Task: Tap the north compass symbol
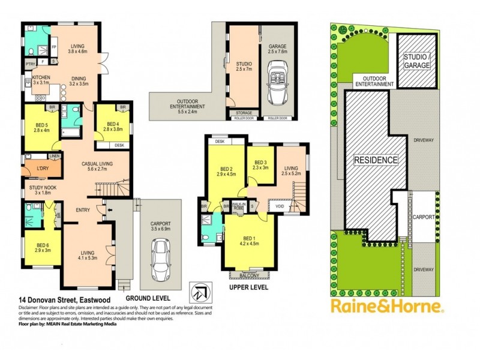coord(200,290)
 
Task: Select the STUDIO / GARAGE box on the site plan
coord(416,61)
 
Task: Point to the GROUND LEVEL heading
coord(148,298)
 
